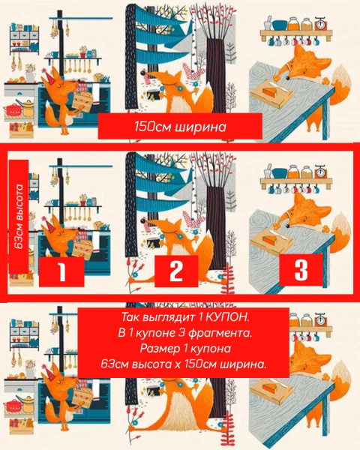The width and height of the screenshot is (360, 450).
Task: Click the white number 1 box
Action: tap(61, 271)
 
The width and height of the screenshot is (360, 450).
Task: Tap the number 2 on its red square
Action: tap(176, 271)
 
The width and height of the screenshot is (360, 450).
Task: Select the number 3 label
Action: tap(301, 270)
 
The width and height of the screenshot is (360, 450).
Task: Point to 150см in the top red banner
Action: tap(152, 127)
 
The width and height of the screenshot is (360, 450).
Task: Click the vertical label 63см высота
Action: tap(19, 217)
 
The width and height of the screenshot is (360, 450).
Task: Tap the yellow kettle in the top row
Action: tap(27, 107)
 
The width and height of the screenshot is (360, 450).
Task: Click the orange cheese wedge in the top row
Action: tap(270, 92)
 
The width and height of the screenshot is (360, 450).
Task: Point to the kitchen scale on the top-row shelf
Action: tap(321, 23)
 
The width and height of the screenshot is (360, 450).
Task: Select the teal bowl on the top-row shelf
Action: tap(279, 25)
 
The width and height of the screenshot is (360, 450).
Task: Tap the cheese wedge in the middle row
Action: tap(270, 238)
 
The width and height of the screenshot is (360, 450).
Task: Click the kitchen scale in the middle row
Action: tap(321, 171)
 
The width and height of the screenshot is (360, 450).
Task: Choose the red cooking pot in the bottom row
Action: tap(11, 406)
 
